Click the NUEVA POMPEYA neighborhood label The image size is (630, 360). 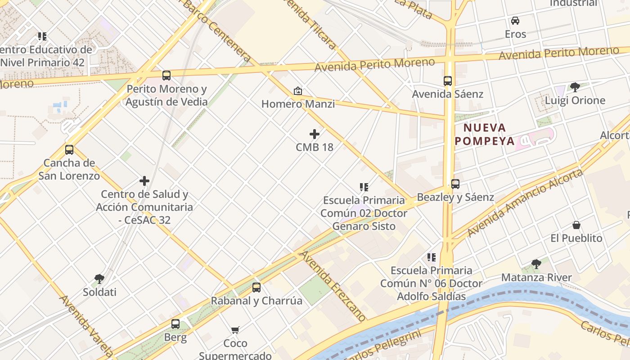tap(485, 134)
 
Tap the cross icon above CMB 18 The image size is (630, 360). tap(315, 134)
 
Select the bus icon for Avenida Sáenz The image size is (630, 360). tap(448, 81)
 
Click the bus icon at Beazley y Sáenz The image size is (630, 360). tap(455, 184)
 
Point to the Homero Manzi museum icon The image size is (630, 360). tap(298, 91)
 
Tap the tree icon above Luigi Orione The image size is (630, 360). tap(575, 87)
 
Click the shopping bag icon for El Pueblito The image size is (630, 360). tap(576, 225)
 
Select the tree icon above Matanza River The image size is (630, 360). tap(536, 264)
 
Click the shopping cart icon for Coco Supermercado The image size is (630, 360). tap(235, 330)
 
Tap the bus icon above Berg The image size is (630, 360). tap(175, 324)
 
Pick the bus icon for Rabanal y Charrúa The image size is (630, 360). tap(256, 288)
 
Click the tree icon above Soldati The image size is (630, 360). tap(99, 279)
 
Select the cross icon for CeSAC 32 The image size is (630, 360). tap(144, 181)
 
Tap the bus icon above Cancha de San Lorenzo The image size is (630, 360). tap(69, 150)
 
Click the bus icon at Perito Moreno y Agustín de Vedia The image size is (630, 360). tap(166, 76)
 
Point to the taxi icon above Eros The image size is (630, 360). tap(515, 21)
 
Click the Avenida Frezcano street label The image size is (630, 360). tap(333, 286)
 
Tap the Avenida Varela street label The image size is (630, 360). tap(86, 325)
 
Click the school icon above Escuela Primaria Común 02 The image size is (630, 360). tap(364, 187)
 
